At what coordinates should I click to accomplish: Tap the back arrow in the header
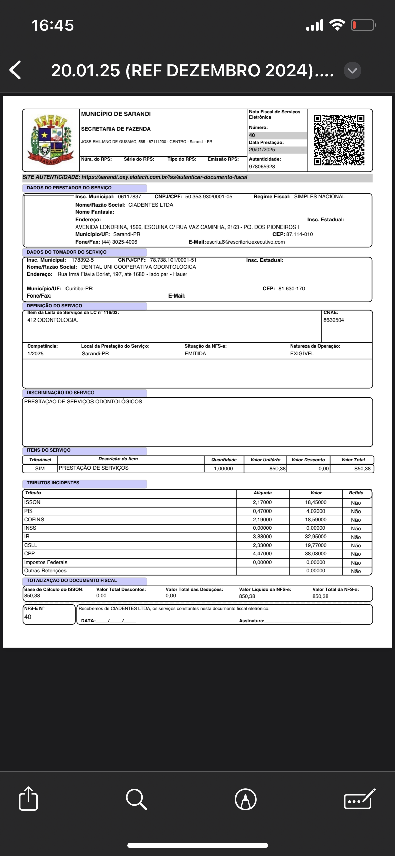pyautogui.click(x=16, y=70)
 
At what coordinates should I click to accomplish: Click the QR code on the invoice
pyautogui.click(x=339, y=140)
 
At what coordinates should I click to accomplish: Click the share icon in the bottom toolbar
pyautogui.click(x=28, y=799)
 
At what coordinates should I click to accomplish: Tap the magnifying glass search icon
pyautogui.click(x=136, y=799)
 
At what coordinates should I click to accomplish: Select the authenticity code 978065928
pyautogui.click(x=262, y=167)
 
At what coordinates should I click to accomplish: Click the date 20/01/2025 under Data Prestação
pyautogui.click(x=262, y=150)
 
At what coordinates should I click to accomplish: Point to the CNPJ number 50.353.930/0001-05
pyautogui.click(x=209, y=197)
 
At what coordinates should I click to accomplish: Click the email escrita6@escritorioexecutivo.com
pyautogui.click(x=245, y=242)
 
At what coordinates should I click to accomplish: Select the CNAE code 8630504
pyautogui.click(x=334, y=320)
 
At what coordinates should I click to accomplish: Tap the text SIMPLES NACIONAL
pyautogui.click(x=319, y=197)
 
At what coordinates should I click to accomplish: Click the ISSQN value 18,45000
pyautogui.click(x=316, y=502)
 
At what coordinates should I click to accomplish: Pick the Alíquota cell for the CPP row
pyautogui.click(x=262, y=554)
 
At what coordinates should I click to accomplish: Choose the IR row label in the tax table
pyautogui.click(x=27, y=537)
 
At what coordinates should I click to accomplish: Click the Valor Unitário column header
pyautogui.click(x=265, y=460)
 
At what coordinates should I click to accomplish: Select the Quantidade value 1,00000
pyautogui.click(x=223, y=469)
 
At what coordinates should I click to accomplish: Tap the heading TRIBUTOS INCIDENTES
pyautogui.click(x=53, y=483)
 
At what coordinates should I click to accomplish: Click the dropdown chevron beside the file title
pyautogui.click(x=352, y=70)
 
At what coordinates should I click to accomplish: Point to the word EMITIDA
pyautogui.click(x=195, y=354)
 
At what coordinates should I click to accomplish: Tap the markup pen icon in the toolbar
pyautogui.click(x=245, y=799)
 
